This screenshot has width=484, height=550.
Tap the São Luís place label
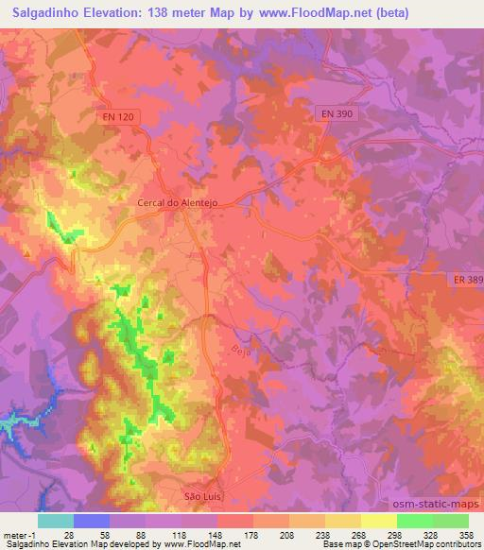(200, 494)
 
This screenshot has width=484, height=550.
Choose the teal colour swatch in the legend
(55, 521)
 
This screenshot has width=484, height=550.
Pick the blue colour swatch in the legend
(91, 521)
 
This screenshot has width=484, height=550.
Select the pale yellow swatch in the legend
(379, 521)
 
